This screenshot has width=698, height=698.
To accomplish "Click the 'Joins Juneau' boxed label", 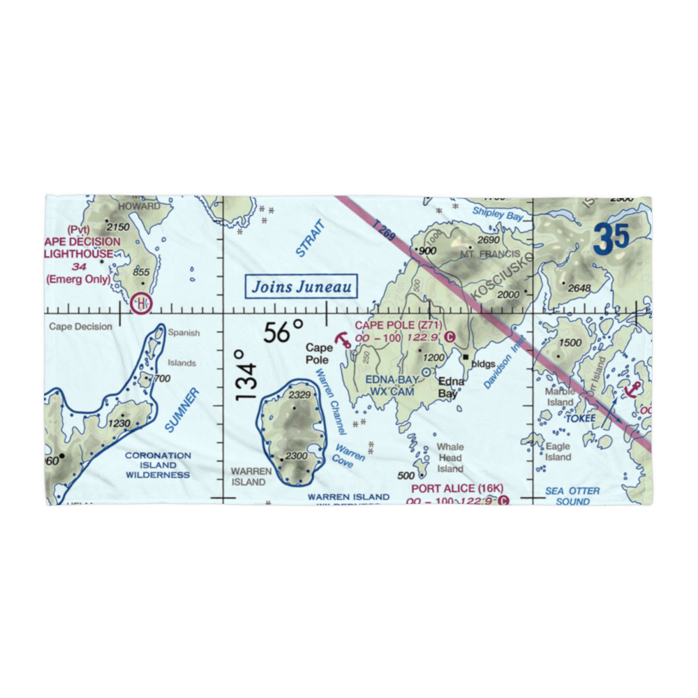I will point(302,286).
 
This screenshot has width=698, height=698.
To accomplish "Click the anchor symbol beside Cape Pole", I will point(342,341).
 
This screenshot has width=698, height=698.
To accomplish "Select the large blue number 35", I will point(612,238).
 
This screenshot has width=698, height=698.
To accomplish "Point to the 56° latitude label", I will point(283,332).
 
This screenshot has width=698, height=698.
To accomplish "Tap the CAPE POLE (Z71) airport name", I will point(398,325).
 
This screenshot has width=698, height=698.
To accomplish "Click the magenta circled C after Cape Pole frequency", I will point(450,337).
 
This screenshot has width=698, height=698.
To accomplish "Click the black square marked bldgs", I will point(466,357).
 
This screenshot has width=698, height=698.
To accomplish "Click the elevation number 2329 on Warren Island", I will point(299,396).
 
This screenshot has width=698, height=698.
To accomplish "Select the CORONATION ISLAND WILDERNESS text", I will point(158,465).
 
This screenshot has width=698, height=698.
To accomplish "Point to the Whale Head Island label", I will point(450,458).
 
